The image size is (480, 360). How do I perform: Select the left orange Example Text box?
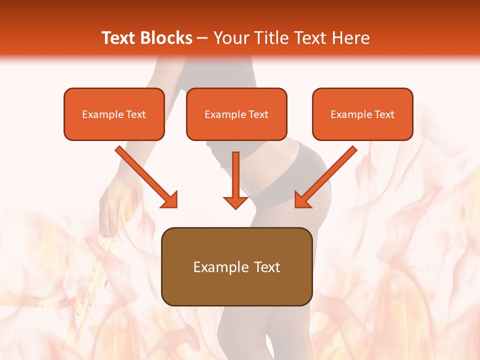point(114,114)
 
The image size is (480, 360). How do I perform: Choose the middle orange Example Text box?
point(236,114)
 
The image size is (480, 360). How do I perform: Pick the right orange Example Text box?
point(362,114)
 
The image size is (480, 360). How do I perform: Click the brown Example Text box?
point(236,266)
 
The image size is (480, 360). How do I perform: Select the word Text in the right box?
point(384,114)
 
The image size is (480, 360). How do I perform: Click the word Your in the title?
point(228,38)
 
